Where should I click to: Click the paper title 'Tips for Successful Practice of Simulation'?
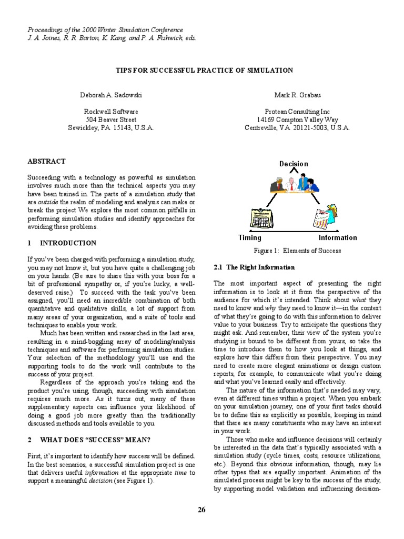point(204,70)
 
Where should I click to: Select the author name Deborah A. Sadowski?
point(111,95)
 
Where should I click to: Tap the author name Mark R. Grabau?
point(297,95)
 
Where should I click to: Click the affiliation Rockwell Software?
point(111,112)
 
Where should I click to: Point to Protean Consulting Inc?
point(297,112)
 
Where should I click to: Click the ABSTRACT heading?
point(46,162)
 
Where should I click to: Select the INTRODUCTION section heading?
point(68,243)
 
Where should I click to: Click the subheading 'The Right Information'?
point(255,267)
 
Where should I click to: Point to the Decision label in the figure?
point(294,164)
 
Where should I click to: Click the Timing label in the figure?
point(250,238)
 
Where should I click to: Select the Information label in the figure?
point(337,238)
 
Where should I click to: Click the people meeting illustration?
point(294,184)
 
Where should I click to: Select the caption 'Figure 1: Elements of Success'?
point(297,251)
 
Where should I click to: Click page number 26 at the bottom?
point(202,510)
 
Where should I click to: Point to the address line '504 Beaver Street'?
point(111,119)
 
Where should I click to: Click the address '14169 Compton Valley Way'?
point(297,119)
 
